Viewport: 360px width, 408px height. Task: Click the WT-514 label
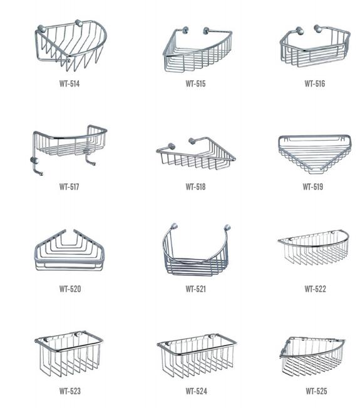69,84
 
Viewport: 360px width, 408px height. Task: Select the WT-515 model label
195,84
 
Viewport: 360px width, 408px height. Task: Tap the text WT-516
315,84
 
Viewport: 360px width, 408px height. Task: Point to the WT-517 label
69,187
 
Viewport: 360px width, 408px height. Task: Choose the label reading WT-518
195,187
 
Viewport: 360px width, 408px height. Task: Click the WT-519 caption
313,187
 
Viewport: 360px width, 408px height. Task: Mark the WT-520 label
70,289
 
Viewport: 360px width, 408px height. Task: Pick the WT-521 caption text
196,289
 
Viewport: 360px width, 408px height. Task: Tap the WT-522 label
315,289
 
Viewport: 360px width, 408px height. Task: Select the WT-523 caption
70,391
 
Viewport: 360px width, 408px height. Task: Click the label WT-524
196,391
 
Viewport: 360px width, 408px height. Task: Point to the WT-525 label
316,391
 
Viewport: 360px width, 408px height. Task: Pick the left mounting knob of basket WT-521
174,227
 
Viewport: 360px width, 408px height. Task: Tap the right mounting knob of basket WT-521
227,227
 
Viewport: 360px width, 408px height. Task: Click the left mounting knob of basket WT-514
41,29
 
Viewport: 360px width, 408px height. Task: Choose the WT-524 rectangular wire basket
197,355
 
